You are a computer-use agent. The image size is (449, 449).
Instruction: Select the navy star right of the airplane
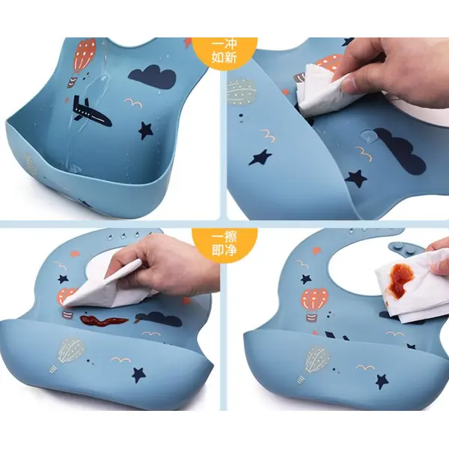coord(145,131)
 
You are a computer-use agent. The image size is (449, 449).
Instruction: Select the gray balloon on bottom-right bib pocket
coord(316,361)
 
